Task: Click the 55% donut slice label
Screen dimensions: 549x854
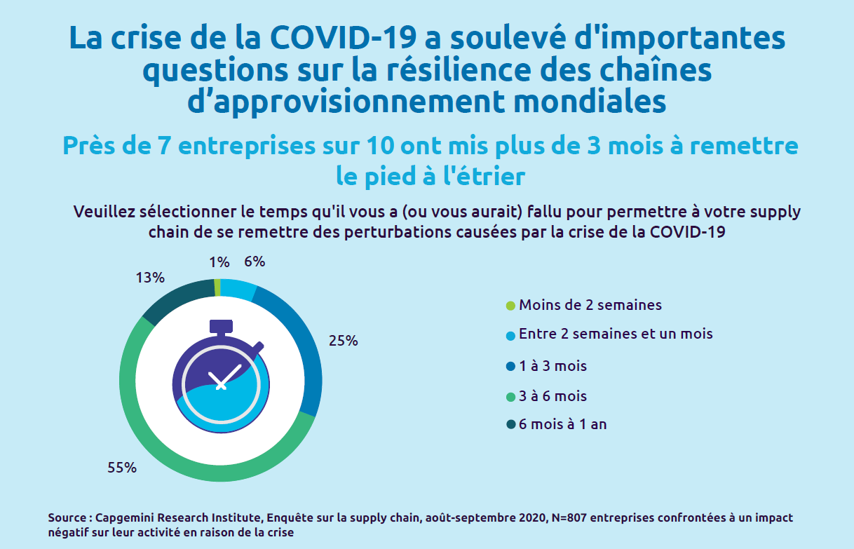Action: point(121,468)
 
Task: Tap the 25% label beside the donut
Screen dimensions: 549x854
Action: point(344,341)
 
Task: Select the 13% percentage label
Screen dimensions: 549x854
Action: point(150,278)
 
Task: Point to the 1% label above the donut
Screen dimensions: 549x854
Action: point(219,262)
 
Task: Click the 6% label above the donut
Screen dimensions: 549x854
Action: point(254,262)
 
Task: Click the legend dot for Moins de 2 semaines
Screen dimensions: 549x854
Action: point(510,306)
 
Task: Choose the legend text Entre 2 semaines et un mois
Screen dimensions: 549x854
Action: point(616,334)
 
